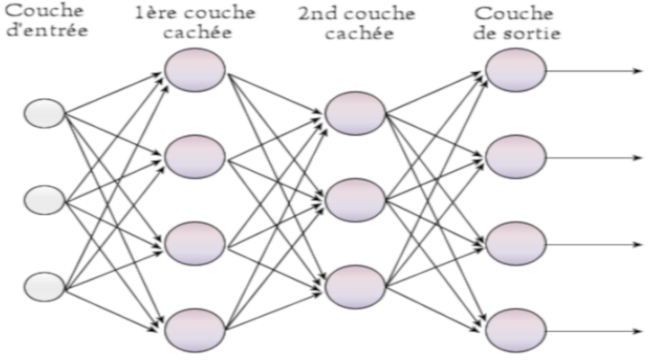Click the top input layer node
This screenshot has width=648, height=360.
pos(44,113)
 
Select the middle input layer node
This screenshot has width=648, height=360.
pos(44,200)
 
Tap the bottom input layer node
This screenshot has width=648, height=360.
pos(44,287)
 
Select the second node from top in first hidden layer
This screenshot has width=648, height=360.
pos(195,157)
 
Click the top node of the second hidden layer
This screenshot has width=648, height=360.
pos(355,112)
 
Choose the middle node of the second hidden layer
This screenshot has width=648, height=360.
pos(355,199)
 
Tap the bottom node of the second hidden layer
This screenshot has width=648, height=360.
pos(355,285)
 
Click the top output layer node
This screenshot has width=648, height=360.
pos(516,70)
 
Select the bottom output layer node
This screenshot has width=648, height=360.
pos(516,329)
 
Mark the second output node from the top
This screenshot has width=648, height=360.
pos(516,157)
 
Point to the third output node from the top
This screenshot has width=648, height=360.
pos(516,243)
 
